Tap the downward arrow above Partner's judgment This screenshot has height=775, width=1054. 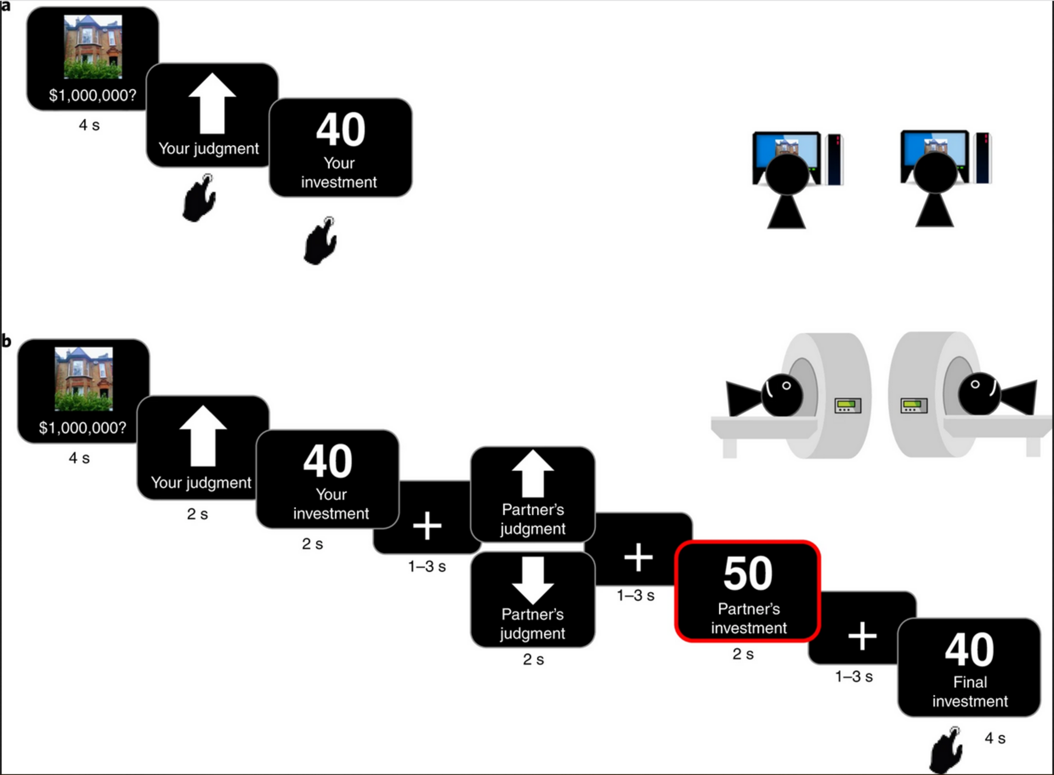(533, 580)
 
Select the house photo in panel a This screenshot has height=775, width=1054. (93, 46)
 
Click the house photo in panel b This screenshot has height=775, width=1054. (84, 379)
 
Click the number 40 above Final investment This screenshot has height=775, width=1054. (969, 650)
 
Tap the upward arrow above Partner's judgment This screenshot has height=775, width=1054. (533, 474)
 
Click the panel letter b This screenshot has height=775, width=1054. (6, 341)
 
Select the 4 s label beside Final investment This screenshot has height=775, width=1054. (995, 738)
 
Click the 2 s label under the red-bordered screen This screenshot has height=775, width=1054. (743, 654)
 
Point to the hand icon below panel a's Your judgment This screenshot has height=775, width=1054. (199, 198)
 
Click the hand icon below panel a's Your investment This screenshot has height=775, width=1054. (321, 241)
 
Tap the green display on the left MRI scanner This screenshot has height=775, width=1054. (848, 406)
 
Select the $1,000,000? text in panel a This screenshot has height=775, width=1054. (92, 95)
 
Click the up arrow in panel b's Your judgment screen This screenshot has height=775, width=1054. (203, 436)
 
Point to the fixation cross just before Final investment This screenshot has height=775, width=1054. (862, 636)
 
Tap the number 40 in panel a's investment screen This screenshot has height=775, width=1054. (341, 129)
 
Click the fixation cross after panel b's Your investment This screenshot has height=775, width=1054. (427, 525)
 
